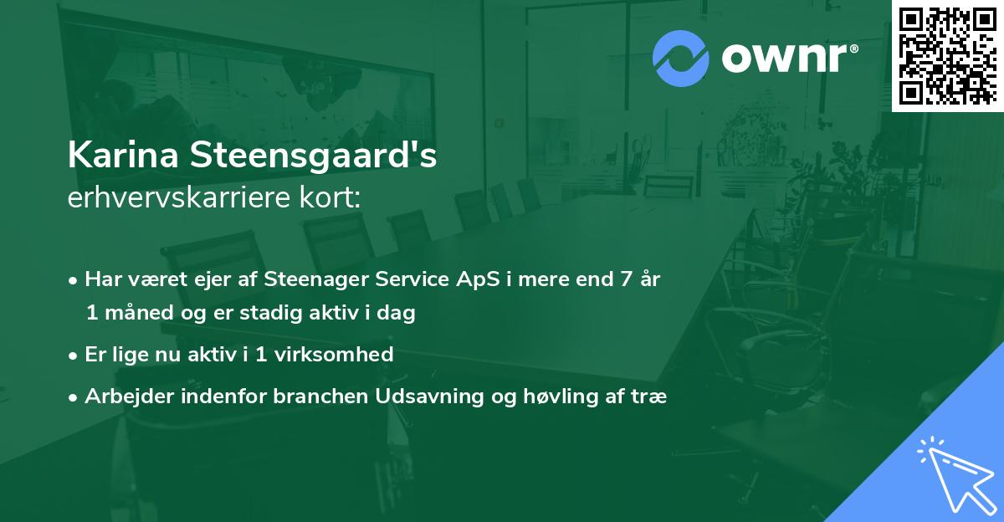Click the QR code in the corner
pyautogui.click(x=947, y=56)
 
